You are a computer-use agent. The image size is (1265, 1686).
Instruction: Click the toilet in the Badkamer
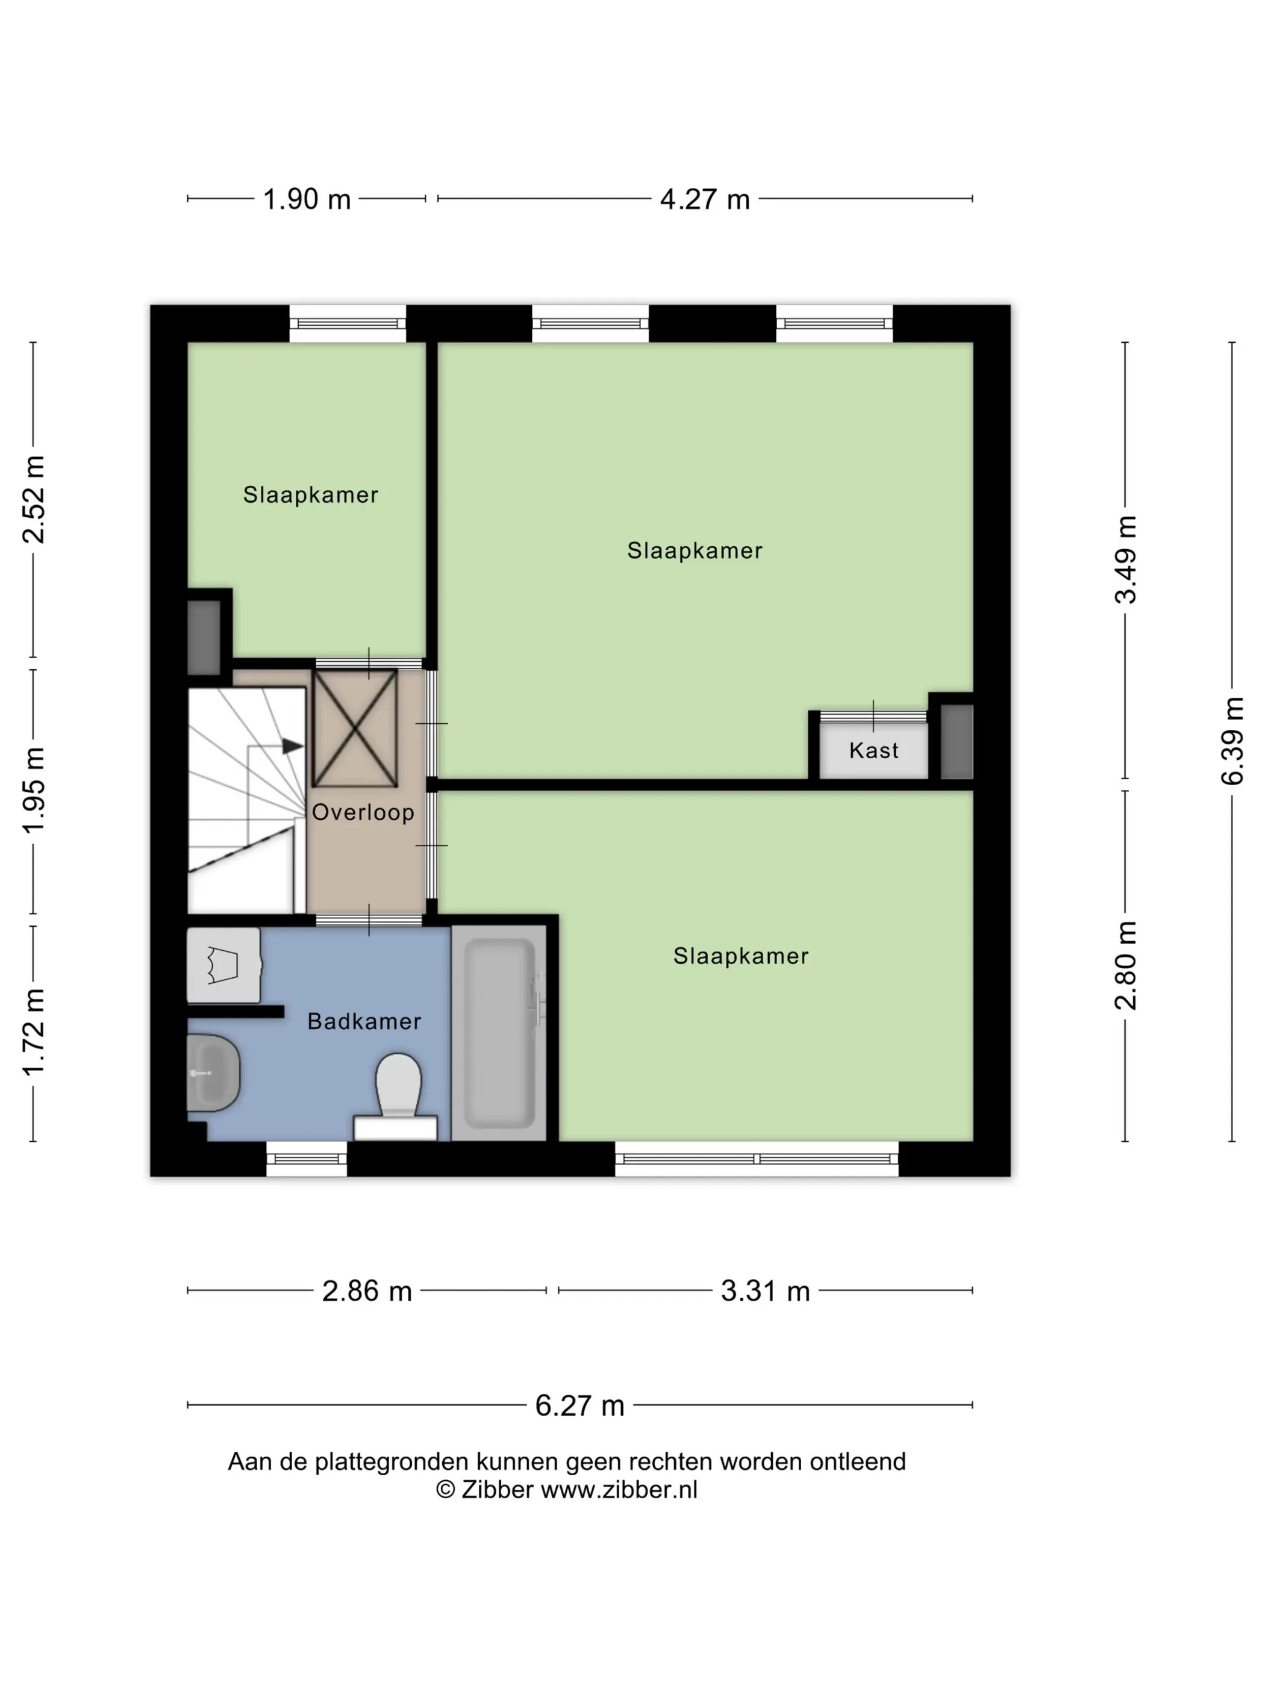pos(396,1095)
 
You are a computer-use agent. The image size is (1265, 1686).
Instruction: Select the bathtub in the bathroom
pos(499,1033)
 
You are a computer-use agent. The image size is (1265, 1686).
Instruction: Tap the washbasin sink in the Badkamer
pos(213,1073)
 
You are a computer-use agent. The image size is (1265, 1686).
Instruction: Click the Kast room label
pos(874,751)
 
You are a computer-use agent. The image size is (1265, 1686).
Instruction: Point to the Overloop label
pos(363,812)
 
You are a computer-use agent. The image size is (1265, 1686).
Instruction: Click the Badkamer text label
pos(364,1021)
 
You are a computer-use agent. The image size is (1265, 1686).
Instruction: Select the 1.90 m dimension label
pos(307,200)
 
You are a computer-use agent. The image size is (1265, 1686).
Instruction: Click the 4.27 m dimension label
pos(705,200)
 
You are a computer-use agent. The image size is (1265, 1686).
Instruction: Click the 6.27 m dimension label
pos(579,1406)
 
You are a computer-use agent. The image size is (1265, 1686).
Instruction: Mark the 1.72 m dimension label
pos(34,1033)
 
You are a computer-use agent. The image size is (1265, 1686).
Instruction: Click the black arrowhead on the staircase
pos(293,746)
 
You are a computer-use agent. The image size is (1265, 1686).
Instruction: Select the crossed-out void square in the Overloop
pos(355,728)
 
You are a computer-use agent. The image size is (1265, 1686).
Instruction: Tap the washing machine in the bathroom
pos(224,965)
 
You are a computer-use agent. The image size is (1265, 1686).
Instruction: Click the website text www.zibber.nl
pos(619,1490)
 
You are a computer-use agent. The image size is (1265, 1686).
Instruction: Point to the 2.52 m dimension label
pos(34,499)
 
